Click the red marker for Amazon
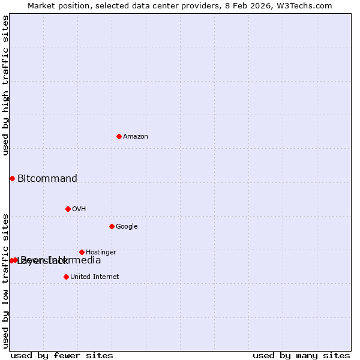119,136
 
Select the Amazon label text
136,137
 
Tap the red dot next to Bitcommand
12,178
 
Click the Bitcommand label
47,178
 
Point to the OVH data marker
68,209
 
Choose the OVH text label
79,209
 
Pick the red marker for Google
112,226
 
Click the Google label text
127,227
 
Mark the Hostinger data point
82,252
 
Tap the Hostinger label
101,253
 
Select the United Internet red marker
66,277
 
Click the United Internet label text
94,277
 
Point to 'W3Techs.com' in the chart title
306,5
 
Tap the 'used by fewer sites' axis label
62,355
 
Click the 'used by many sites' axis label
301,355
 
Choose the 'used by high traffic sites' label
5,85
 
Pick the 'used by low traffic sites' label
5,280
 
